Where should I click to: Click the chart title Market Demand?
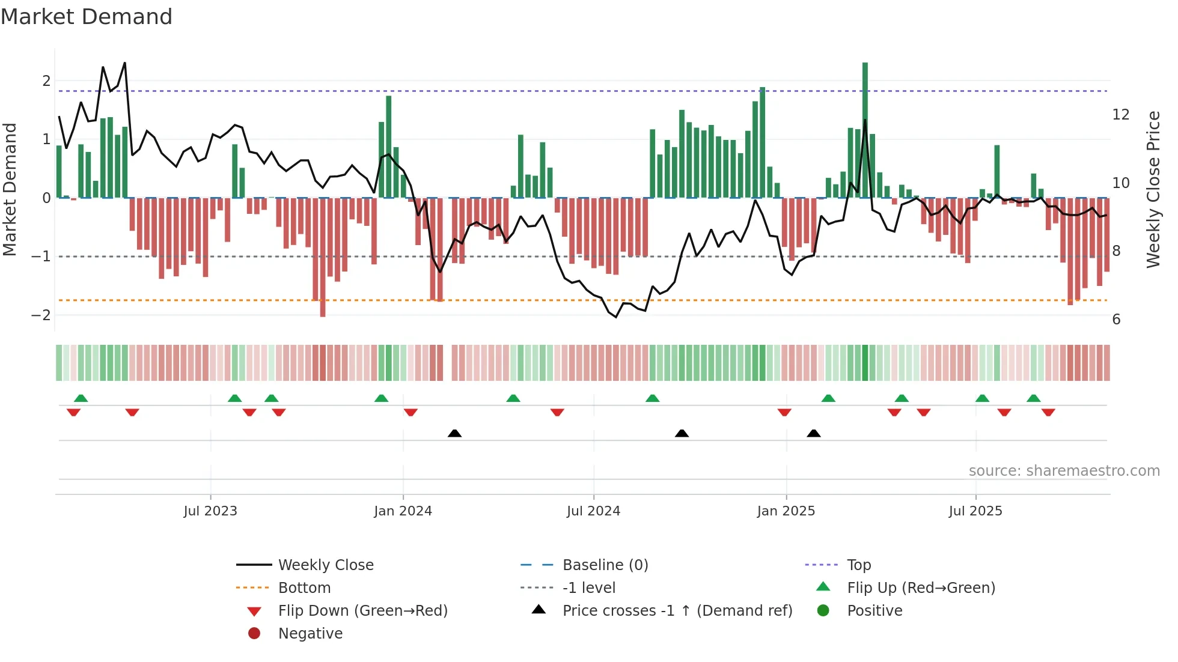point(87,17)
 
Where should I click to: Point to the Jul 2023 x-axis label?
point(210,511)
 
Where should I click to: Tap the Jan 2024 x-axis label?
point(403,511)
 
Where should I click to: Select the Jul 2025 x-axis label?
point(975,511)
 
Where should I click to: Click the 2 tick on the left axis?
point(46,80)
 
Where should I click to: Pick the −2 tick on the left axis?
point(41,315)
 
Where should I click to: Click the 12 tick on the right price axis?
point(1121,115)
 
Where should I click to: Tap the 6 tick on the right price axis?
point(1116,320)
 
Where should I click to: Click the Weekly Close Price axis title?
point(1153,189)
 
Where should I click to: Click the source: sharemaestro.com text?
point(1064,471)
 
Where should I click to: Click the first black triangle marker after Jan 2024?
point(455,433)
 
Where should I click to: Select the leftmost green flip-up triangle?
point(81,398)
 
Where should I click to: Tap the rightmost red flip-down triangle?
point(1048,413)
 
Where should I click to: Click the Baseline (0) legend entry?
point(605,565)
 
